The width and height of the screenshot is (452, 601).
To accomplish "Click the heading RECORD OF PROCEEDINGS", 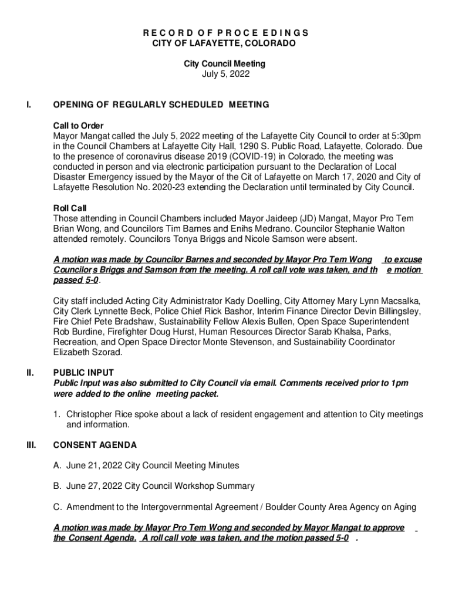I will click(x=226, y=32).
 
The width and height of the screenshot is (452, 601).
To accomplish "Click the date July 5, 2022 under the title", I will click(x=226, y=74).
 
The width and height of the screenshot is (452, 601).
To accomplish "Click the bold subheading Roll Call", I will click(x=69, y=208).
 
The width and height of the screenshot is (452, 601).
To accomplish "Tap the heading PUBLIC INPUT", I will click(x=83, y=373).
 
